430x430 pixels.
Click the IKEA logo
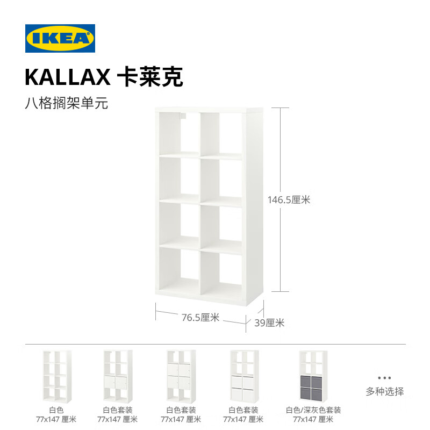(x=60, y=38)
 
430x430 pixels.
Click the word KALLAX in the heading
(x=68, y=77)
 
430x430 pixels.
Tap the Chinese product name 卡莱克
(x=150, y=77)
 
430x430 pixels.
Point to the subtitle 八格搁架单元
(x=67, y=103)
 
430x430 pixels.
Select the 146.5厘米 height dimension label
(x=289, y=199)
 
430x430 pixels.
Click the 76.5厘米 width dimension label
(x=200, y=317)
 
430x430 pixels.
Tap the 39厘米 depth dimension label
(x=269, y=323)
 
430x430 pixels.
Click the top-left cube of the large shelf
(x=179, y=133)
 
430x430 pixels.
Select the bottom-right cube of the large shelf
(x=221, y=273)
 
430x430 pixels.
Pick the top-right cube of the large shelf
(x=221, y=134)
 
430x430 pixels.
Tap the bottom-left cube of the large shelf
(x=179, y=270)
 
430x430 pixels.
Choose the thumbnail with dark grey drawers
(x=313, y=376)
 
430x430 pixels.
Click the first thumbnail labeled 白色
(x=57, y=376)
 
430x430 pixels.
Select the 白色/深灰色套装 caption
(x=313, y=410)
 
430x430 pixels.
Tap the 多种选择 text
(x=384, y=391)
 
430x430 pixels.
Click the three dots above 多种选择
(x=384, y=378)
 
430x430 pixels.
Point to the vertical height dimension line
(x=280, y=199)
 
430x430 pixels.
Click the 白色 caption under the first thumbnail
(x=56, y=410)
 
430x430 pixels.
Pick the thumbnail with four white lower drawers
(x=245, y=376)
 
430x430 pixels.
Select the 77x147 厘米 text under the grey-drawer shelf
(x=313, y=419)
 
